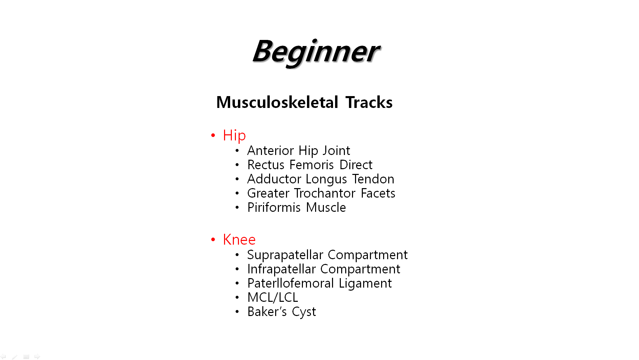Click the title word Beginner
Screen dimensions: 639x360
[316, 52]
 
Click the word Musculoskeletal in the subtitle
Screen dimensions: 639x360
[277, 102]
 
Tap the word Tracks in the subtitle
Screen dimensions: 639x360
[369, 102]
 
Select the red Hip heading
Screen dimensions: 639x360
[234, 136]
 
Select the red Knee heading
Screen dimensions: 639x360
[239, 240]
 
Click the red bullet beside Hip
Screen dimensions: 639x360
[213, 135]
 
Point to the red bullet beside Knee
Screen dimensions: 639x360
[213, 240]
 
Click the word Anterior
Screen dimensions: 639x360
[270, 150]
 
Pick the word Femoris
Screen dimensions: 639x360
[312, 165]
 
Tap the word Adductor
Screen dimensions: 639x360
[274, 179]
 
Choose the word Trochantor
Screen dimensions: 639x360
[325, 193]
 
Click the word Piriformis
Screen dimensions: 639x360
[274, 207]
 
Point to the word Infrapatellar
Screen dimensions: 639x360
[282, 269]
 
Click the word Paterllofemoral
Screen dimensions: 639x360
[291, 283]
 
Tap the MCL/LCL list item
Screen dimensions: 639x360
[273, 298]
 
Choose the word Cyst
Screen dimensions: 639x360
[304, 312]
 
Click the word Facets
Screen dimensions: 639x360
[378, 193]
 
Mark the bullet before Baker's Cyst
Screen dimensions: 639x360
[237, 312]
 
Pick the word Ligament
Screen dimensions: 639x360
[365, 284]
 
